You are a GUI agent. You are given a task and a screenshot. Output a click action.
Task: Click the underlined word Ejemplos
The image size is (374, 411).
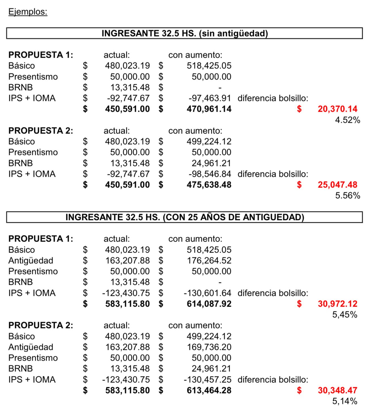[28, 12]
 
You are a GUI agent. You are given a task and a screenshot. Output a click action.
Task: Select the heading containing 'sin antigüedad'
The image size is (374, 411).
[184, 33]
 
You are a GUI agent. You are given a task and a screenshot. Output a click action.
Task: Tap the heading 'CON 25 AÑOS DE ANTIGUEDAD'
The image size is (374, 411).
[184, 217]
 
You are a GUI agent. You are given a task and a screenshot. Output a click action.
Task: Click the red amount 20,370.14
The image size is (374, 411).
[337, 109]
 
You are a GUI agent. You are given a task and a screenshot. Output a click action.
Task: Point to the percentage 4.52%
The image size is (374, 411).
[348, 120]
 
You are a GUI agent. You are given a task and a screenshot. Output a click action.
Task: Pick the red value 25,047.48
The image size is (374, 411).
[337, 185]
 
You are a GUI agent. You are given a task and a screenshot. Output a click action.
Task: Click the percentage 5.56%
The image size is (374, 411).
[348, 195]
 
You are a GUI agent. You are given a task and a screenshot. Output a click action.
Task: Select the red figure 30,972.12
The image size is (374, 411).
[337, 304]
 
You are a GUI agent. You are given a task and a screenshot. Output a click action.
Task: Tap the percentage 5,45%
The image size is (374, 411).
[345, 315]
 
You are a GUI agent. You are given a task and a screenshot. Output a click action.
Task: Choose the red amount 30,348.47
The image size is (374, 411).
[337, 390]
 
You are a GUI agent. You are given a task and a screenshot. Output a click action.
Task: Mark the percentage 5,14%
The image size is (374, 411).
[345, 401]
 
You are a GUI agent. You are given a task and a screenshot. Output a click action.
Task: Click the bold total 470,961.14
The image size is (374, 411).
[209, 109]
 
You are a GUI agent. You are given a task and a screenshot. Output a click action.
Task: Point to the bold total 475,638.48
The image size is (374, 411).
[209, 185]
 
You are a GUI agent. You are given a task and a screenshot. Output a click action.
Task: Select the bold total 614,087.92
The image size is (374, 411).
[209, 304]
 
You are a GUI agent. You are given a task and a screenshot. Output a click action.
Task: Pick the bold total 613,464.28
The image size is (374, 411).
[209, 390]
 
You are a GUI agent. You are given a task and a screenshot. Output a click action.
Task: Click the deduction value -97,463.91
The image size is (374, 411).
[210, 98]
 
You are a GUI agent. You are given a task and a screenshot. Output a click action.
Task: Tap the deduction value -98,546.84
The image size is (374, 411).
[210, 174]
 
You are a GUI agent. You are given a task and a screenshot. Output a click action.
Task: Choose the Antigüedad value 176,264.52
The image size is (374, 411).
[209, 261]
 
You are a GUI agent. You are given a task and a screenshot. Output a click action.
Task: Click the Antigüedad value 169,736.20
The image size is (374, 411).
[209, 347]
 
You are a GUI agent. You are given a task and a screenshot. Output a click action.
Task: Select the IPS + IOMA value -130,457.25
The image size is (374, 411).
[207, 380]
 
